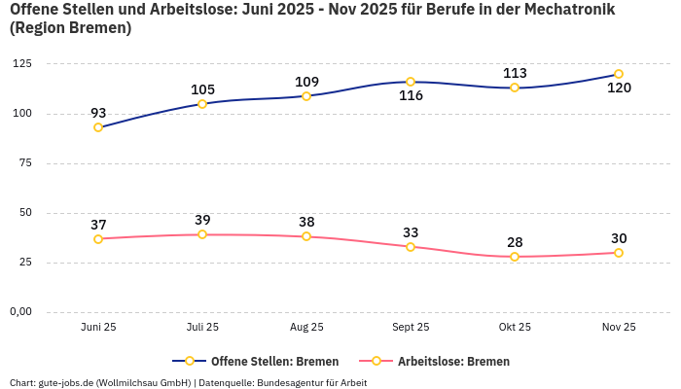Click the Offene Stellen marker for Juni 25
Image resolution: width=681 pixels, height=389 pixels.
98,127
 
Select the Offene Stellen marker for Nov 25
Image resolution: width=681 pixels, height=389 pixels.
619,74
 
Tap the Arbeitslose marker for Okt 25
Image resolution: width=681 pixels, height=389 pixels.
515,257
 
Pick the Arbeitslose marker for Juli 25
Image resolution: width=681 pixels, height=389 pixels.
202,234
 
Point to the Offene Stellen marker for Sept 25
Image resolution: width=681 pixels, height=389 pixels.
411,82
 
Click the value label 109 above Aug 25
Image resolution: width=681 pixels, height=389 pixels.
306,82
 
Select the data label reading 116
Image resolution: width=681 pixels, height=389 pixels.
411,96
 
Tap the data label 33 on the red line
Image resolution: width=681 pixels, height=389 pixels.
411,232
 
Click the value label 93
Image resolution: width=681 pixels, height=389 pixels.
98,113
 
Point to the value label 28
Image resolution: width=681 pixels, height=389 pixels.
515,242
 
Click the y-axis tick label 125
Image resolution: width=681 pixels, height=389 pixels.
20,64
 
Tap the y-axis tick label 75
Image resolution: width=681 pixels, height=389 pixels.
24,163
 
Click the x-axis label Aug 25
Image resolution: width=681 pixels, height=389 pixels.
306,328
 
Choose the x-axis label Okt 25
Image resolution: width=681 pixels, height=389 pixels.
515,328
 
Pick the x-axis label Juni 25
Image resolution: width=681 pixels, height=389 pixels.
98,328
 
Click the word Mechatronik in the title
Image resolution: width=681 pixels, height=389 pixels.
573,10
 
